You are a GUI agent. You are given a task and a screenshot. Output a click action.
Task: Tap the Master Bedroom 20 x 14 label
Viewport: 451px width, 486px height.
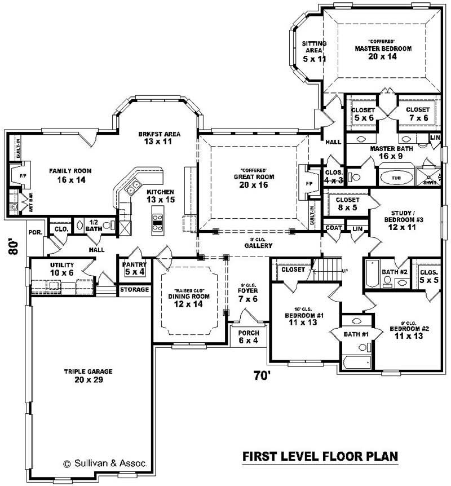click(383, 52)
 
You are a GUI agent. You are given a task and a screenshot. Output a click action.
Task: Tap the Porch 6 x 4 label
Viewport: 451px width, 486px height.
click(248, 337)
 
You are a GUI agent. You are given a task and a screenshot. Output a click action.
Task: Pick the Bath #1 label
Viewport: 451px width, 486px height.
click(356, 334)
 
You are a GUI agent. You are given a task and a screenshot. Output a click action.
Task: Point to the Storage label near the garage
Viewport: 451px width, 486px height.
click(134, 290)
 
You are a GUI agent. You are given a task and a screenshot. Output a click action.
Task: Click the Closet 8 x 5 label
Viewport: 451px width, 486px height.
click(347, 203)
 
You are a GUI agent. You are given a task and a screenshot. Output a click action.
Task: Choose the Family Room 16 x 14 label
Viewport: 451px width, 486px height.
click(70, 175)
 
